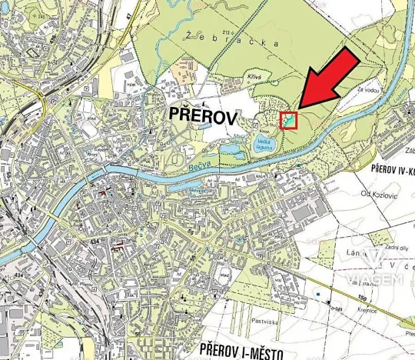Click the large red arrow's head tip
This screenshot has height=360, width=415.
[299, 107]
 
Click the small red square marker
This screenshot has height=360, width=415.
[288, 120]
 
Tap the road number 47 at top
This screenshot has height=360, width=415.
[127, 12]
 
